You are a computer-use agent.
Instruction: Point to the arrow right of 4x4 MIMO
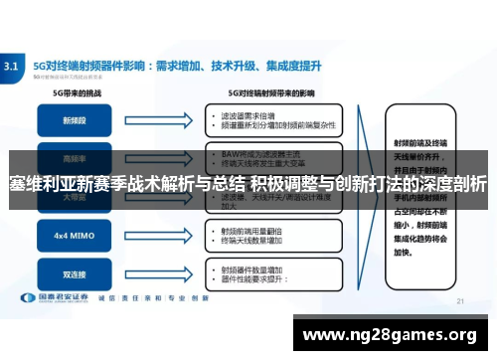pos(164,237)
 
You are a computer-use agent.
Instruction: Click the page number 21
pos(459,300)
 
